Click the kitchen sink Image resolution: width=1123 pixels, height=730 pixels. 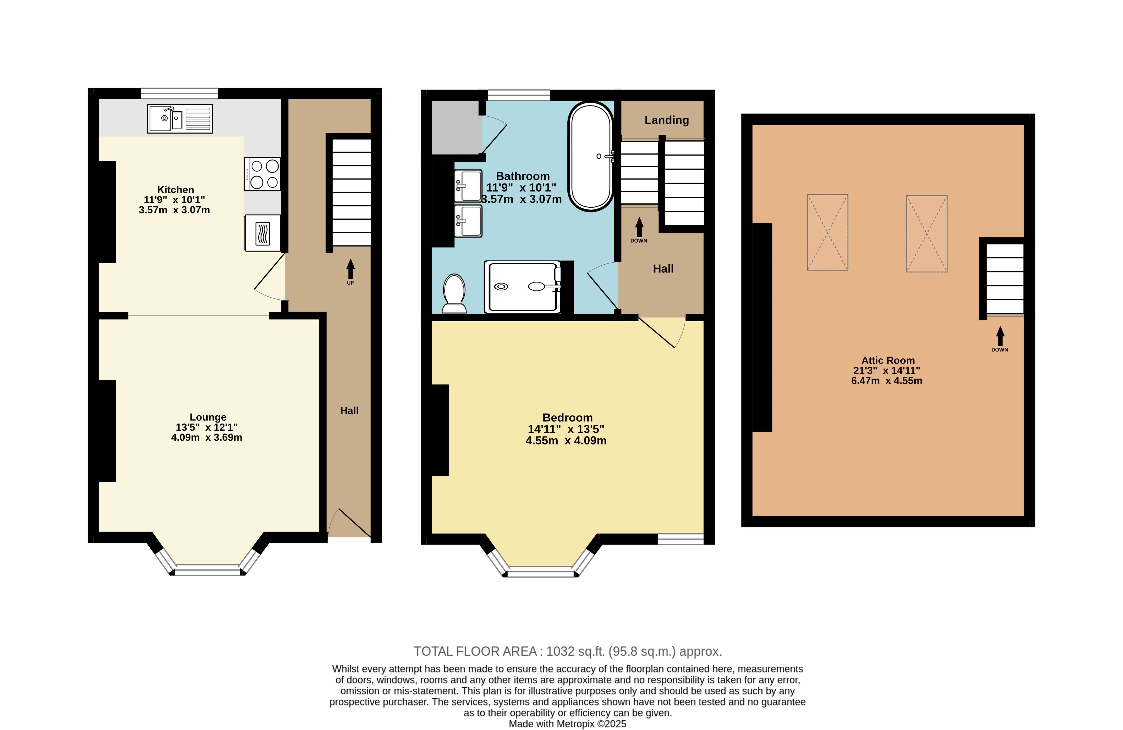coord(180,119)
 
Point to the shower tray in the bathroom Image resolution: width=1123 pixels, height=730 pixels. coord(523,287)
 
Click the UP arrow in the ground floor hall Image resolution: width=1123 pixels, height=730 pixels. coord(350,269)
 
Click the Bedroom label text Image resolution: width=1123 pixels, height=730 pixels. coord(568,418)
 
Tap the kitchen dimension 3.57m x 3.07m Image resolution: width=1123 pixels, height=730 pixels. coord(174,210)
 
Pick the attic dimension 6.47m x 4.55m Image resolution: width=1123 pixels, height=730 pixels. coord(887,381)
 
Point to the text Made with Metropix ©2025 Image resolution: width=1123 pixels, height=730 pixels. coord(568,724)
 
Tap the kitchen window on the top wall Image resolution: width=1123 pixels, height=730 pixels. coord(179,93)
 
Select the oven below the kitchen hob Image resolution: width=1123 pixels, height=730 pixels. coord(262,233)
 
